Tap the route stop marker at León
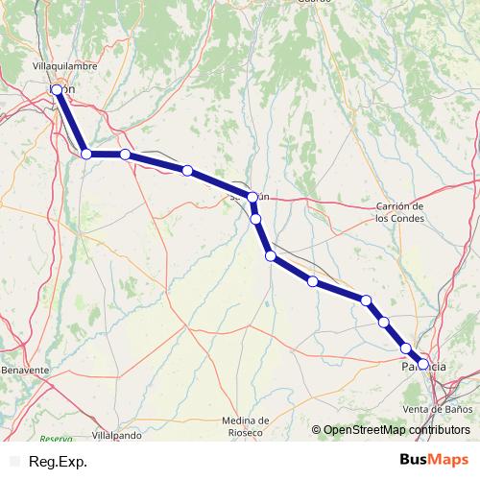[57, 89]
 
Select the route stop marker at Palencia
[422, 364]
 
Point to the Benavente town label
[25, 370]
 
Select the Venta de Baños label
[437, 410]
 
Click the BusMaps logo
[433, 461]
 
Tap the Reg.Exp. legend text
[59, 462]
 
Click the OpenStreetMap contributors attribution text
[396, 430]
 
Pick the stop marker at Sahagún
[252, 197]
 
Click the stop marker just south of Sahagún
[256, 219]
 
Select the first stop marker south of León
[86, 153]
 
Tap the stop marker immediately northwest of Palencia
[406, 348]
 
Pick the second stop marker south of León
[125, 154]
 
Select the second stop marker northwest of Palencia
[384, 322]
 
